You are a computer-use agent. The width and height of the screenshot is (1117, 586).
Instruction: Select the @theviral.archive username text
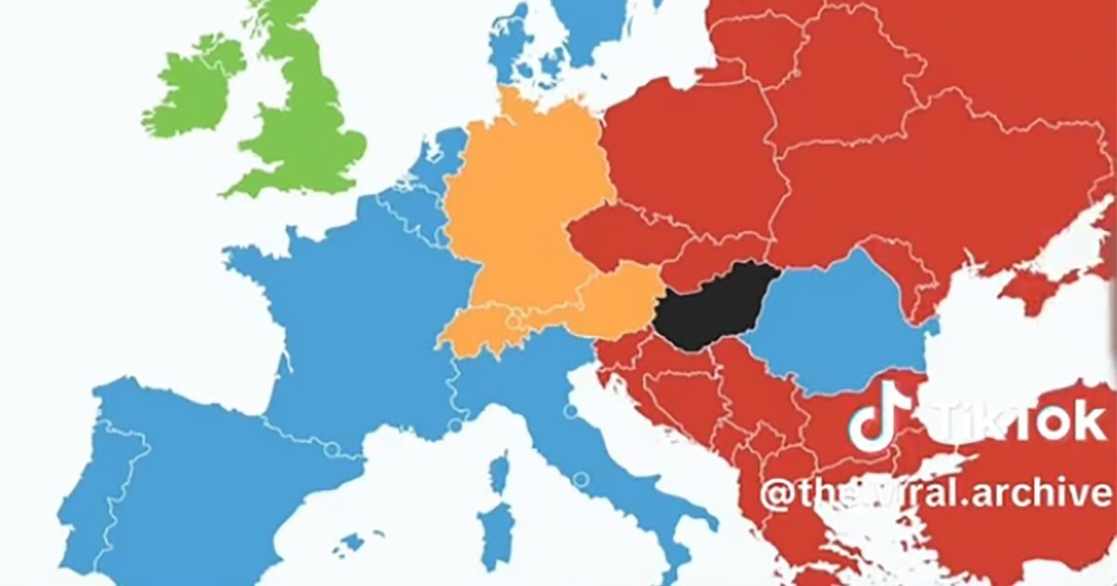(935, 493)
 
